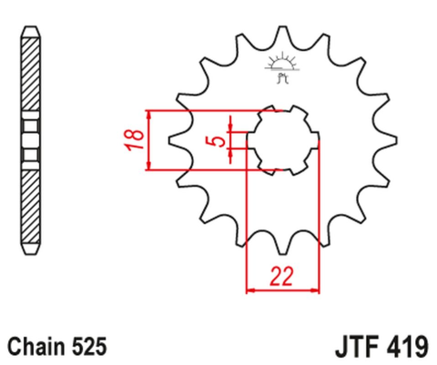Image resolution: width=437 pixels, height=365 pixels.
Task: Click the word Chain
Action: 36,347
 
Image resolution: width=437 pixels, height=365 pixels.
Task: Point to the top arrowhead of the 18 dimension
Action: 148,113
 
